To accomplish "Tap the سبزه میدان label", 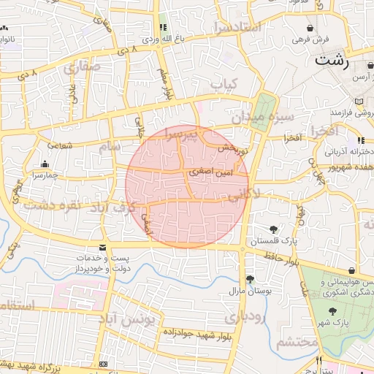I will point(263,117).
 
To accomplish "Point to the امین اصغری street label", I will point(210,173).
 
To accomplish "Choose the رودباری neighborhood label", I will point(241,318).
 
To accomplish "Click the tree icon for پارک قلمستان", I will point(274,229).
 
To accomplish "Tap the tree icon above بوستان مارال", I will point(251,279).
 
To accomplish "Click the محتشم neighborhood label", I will point(298,342).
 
